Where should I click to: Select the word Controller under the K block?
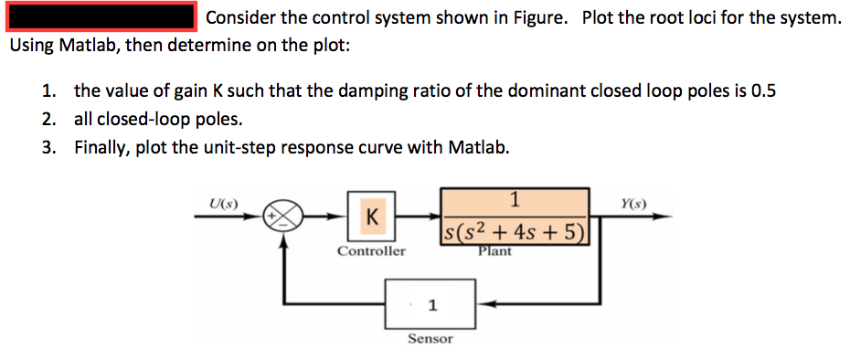(x=371, y=250)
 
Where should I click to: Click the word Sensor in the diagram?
(x=430, y=339)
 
